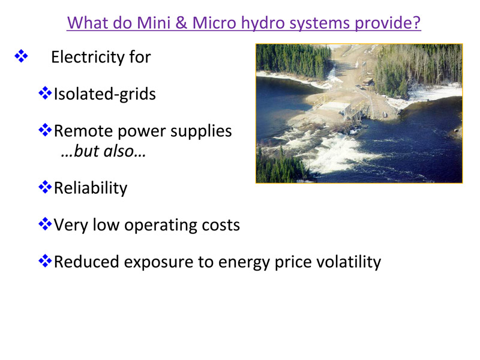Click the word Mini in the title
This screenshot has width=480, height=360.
154,23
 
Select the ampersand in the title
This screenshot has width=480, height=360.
181,23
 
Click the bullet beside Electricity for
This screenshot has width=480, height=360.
21,56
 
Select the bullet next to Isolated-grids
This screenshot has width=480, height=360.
45,93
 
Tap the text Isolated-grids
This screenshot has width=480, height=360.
104,94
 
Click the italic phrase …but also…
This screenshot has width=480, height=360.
103,151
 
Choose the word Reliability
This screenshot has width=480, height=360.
91,188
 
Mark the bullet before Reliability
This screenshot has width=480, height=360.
45,187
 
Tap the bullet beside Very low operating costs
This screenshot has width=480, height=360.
45,224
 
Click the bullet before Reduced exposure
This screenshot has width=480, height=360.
45,261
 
